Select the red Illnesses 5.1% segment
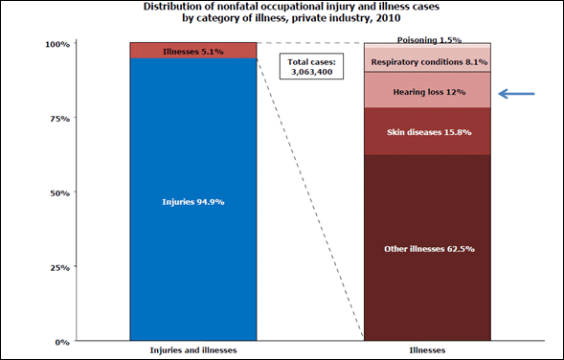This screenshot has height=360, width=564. pos(192,51)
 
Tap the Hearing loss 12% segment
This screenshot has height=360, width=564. pos(427,91)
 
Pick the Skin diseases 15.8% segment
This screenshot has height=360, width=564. pos(427,131)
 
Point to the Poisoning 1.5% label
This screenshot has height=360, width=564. pos(429,40)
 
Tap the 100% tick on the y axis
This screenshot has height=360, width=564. pos(58,44)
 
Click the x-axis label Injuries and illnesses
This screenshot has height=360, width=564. pos(192,350)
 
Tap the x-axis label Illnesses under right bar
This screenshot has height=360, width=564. pos(427,350)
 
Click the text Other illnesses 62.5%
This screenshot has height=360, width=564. pos(427,248)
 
